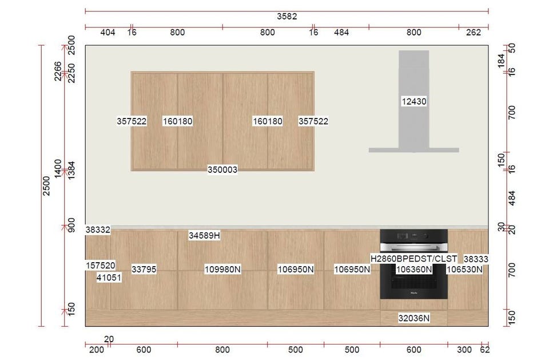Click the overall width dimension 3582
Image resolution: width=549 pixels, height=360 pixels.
coord(287,17)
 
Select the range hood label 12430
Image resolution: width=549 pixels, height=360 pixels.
coord(414,102)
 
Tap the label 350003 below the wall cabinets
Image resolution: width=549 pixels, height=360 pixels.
coord(222,169)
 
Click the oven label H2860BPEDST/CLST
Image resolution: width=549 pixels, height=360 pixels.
coord(413,259)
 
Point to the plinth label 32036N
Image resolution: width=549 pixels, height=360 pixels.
coord(414,318)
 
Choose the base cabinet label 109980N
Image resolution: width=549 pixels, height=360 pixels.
coord(222,270)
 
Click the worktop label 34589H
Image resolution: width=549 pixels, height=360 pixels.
coord(205,236)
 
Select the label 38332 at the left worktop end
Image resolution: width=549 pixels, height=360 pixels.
coord(98,230)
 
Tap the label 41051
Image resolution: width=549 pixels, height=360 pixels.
coord(109,278)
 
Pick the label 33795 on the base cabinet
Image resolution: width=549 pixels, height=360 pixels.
coord(144,270)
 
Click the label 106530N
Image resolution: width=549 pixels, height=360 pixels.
coord(464,270)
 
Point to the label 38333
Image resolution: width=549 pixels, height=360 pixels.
coord(476,259)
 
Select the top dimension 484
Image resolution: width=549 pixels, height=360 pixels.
coord(341,33)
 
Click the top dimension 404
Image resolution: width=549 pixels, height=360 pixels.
coord(108,33)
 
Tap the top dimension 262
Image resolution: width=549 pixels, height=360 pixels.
coord(474,33)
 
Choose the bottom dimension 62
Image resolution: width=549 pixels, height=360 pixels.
coord(485,350)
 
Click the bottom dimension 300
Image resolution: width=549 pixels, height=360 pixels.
coord(464,350)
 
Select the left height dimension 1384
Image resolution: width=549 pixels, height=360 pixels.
coord(71,171)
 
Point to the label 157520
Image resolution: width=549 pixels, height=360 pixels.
coord(101,266)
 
